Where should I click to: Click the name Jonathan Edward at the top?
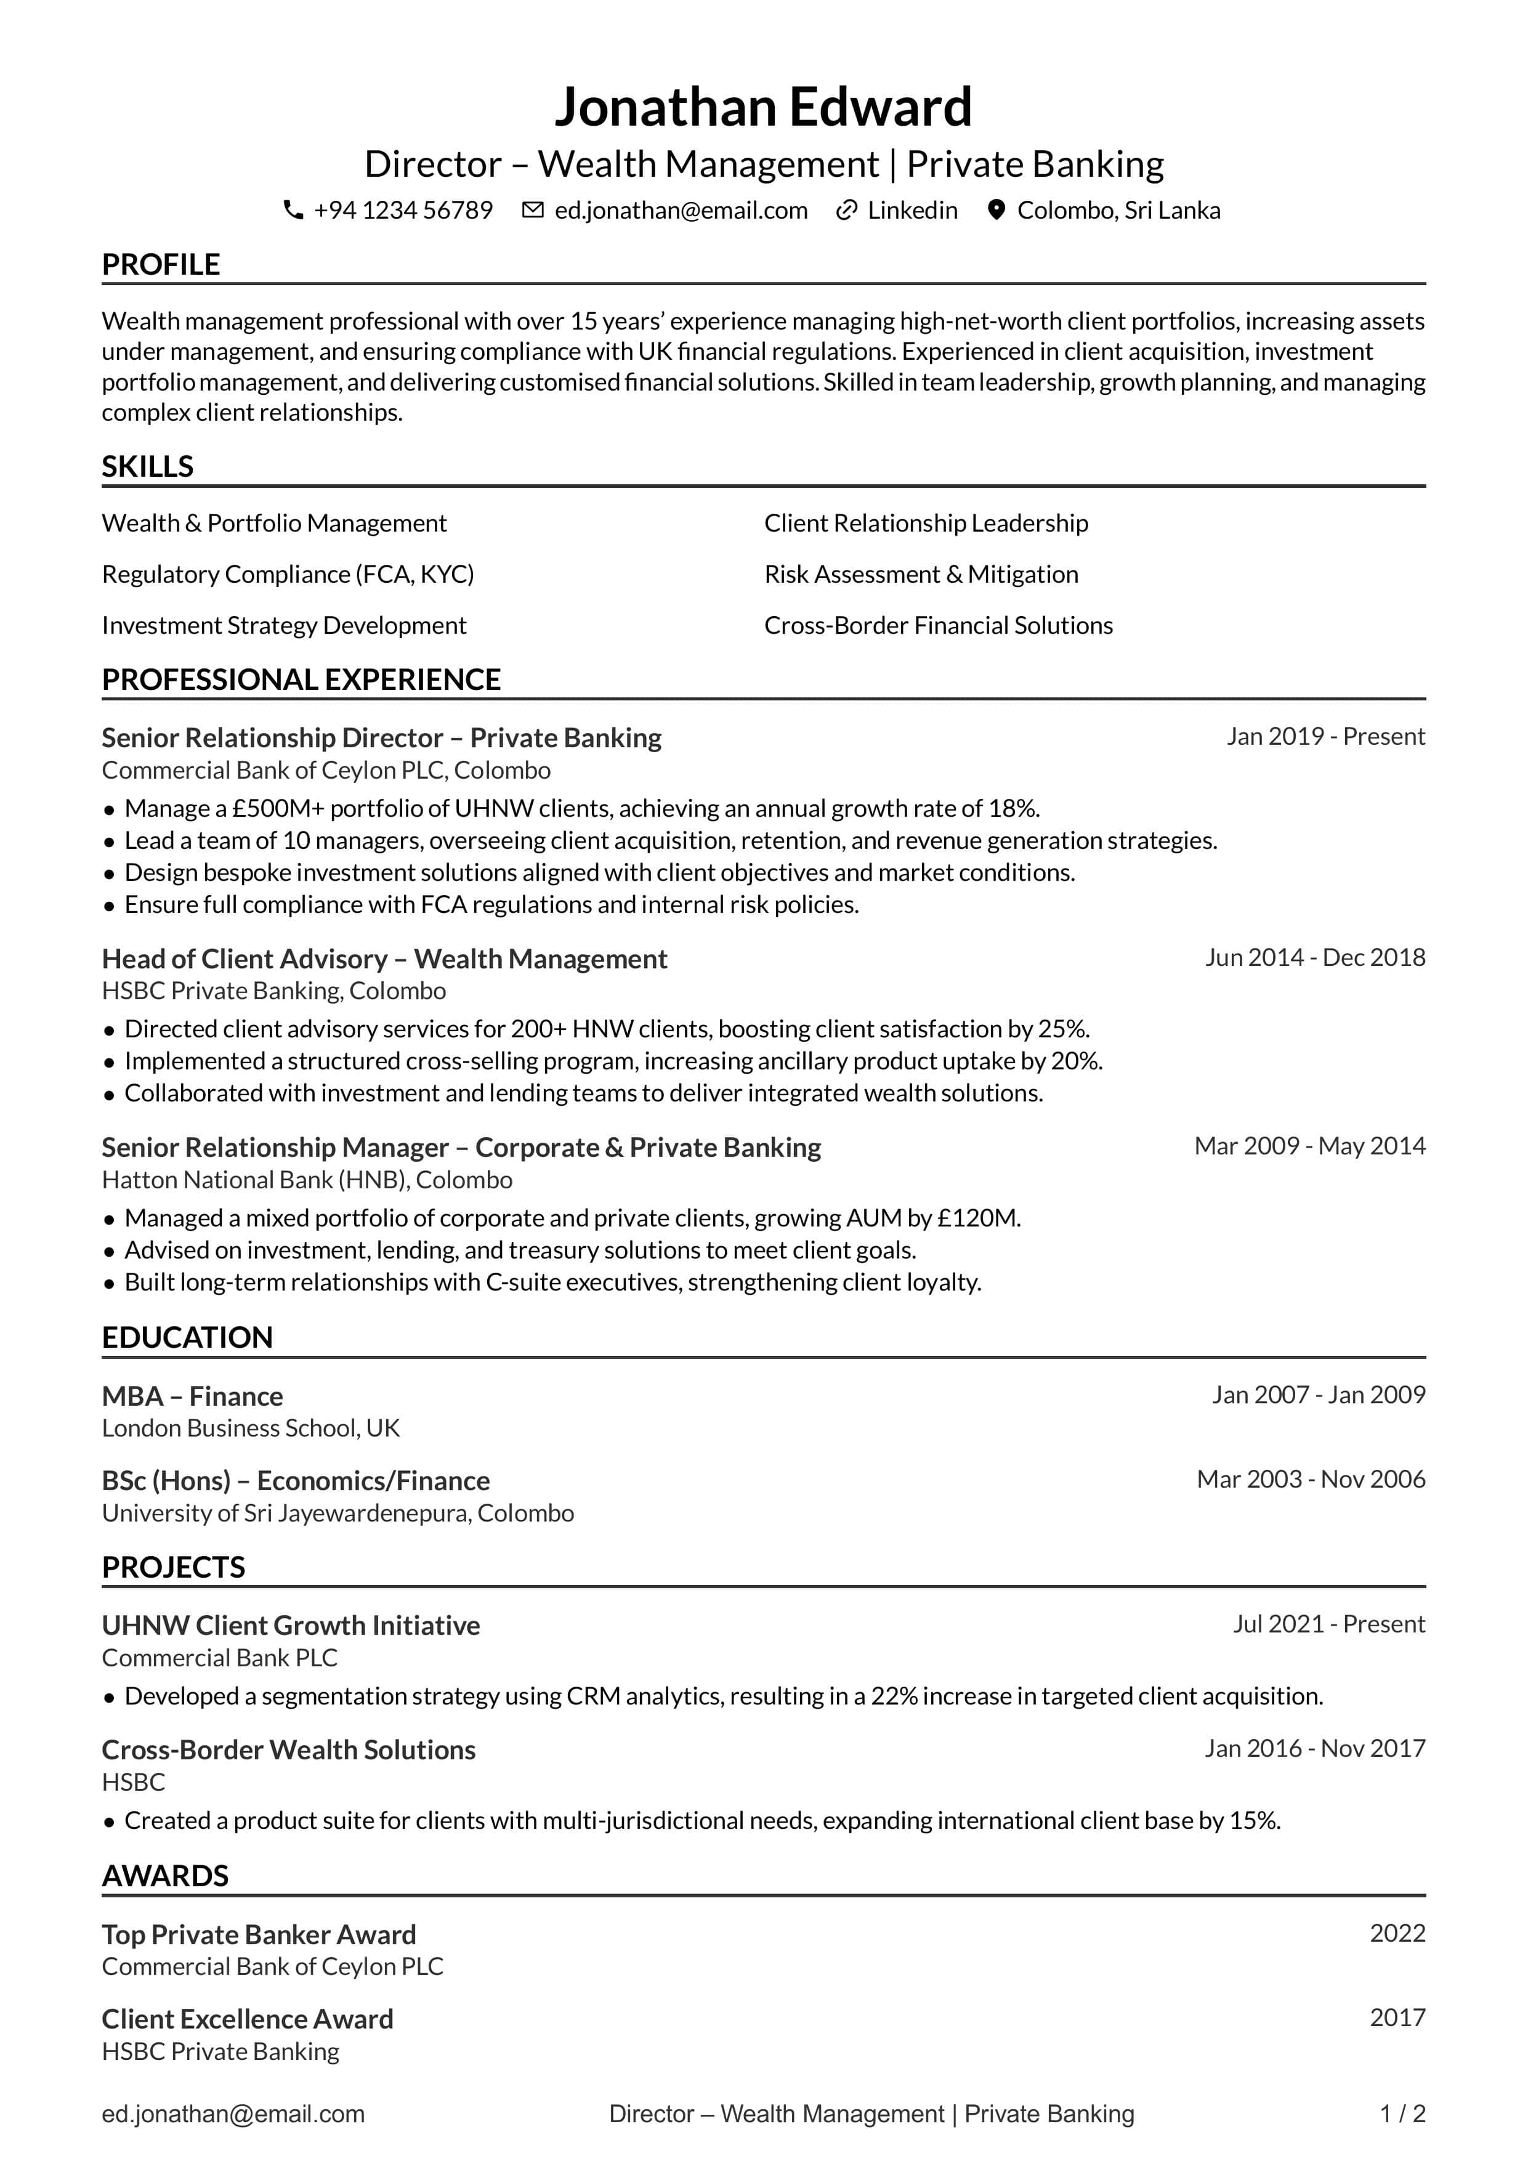coord(763,107)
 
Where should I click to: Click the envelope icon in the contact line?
coord(533,210)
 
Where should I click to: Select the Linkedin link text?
coord(912,210)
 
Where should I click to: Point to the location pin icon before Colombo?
coord(995,210)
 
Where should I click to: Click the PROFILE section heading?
coord(161,264)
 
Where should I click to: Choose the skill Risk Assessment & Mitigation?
coord(921,574)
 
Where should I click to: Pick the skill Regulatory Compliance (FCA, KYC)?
coord(288,574)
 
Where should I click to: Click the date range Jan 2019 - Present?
coord(1325,736)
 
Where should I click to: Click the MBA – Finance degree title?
coord(192,1396)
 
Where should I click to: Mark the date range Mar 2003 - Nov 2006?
coord(1311,1478)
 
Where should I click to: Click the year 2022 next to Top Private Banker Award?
coord(1397,1932)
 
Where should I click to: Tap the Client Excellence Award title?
coord(248,2019)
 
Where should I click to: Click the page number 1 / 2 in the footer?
coord(1402,2114)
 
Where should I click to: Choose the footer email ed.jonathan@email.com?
coord(233,2114)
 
